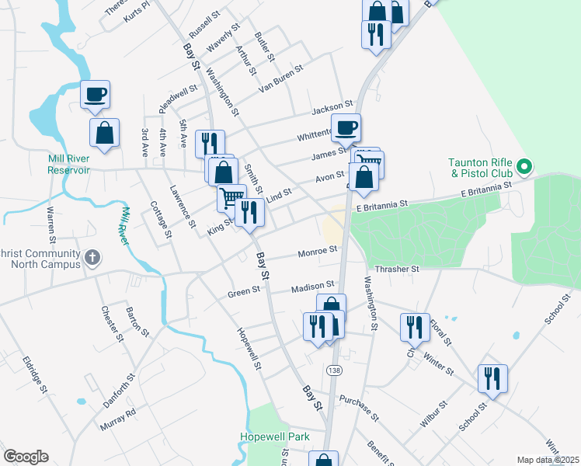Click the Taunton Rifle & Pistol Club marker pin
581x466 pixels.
point(524,165)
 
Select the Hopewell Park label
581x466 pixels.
point(274,437)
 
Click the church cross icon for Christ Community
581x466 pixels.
point(92,256)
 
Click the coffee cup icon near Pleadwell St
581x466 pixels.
point(95,95)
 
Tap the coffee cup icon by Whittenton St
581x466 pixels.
point(346,126)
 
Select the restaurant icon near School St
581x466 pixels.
point(492,378)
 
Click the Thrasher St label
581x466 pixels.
point(397,269)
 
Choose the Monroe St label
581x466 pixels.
point(318,252)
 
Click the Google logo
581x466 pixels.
point(26,457)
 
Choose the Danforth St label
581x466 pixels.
point(120,389)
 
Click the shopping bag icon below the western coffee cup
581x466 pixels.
point(104,132)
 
